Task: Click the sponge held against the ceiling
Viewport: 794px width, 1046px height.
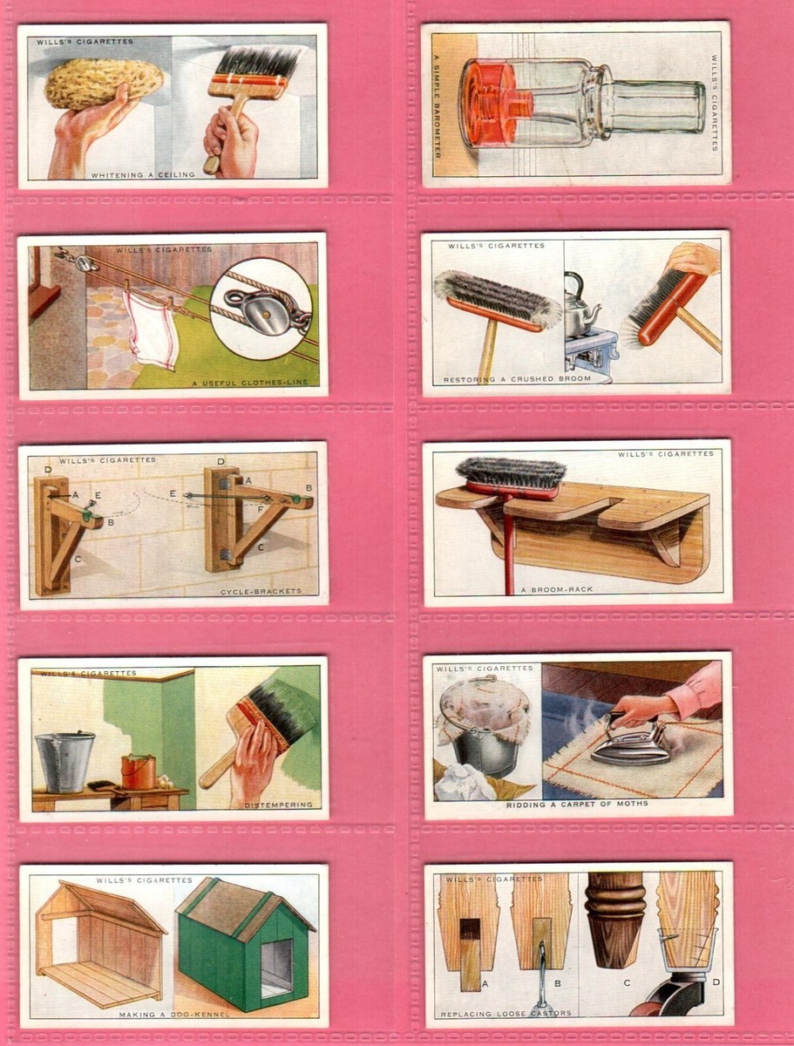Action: click(104, 85)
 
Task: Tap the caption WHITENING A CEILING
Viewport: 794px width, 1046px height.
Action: click(143, 175)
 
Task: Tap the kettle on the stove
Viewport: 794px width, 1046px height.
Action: click(581, 303)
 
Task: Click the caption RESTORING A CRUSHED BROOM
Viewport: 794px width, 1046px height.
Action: click(517, 379)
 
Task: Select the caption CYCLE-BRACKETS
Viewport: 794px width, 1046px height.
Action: click(261, 591)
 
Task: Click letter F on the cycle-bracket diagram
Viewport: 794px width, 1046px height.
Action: click(260, 509)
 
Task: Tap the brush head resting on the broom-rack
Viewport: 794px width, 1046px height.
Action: click(511, 477)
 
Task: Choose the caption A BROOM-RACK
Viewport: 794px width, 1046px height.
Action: click(557, 589)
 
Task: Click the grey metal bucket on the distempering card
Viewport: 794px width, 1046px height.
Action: click(64, 759)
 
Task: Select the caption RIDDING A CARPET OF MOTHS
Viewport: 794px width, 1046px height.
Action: click(577, 804)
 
